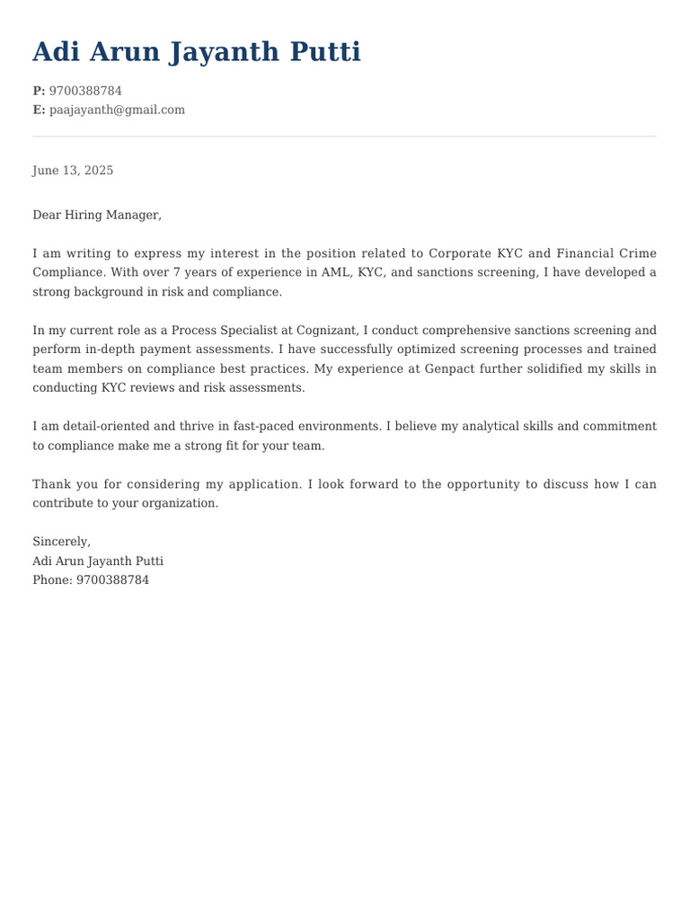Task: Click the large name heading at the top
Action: tap(197, 52)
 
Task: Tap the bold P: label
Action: tap(39, 91)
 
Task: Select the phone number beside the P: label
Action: tap(85, 91)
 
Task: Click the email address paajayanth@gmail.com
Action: tap(117, 110)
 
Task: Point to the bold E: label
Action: tap(39, 110)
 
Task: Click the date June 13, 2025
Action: tap(73, 170)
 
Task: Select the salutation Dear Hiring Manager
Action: tap(96, 215)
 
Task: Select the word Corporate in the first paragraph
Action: tap(459, 253)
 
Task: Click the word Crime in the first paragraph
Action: tap(638, 253)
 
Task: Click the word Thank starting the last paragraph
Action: tap(52, 483)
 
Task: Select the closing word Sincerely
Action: tap(61, 541)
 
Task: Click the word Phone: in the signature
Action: tap(52, 579)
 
